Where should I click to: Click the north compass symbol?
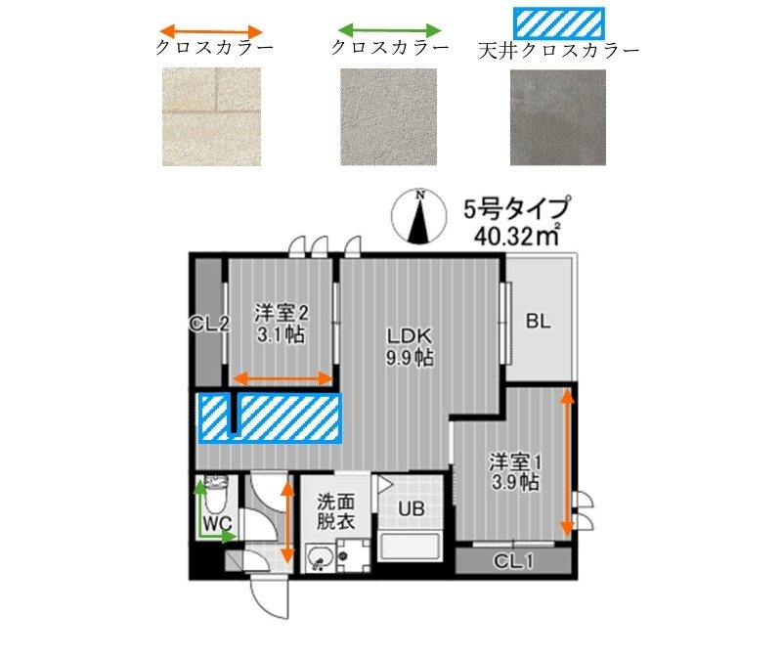click(x=418, y=217)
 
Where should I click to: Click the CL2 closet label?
click(x=210, y=324)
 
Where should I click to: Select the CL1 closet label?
click(x=512, y=560)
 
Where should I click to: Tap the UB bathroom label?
click(x=411, y=508)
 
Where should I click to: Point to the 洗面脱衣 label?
click(x=334, y=511)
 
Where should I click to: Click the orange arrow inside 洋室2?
click(x=283, y=378)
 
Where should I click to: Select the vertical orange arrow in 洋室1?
click(x=566, y=462)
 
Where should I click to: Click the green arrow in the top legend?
click(x=388, y=29)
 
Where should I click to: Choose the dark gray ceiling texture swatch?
click(x=558, y=117)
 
